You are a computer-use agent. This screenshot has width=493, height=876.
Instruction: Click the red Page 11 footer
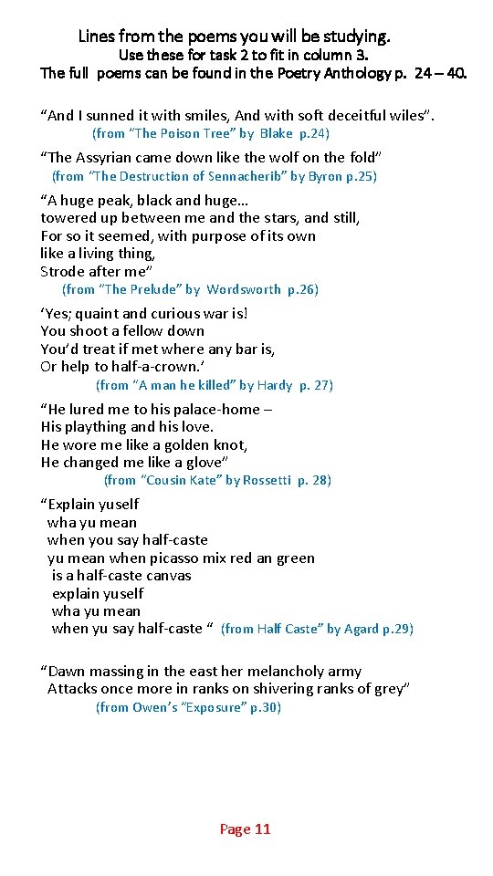pyautogui.click(x=245, y=829)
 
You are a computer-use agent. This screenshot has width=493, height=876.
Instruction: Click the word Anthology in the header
pyautogui.click(x=358, y=73)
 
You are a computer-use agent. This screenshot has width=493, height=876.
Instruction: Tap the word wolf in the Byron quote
pyautogui.click(x=289, y=158)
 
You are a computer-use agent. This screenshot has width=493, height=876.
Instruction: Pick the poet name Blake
pyautogui.click(x=277, y=133)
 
